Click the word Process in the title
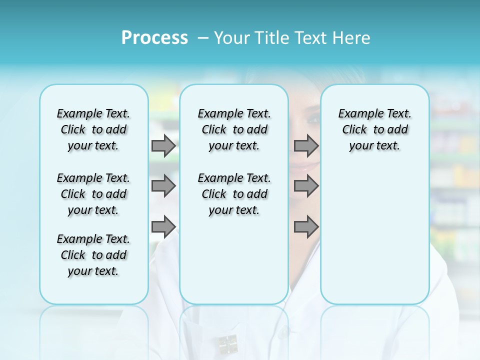point(154,38)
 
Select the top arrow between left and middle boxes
point(163,145)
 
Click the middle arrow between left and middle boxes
point(163,186)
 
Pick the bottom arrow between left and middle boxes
point(163,226)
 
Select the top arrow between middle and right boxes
point(306,145)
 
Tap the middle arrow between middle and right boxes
point(306,186)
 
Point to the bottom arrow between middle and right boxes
point(306,226)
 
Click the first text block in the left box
point(93,129)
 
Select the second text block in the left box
point(93,194)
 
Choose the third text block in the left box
point(93,255)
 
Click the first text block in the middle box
point(234,129)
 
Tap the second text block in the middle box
point(234,194)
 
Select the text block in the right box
point(375,129)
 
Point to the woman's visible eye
point(312,119)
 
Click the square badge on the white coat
point(228,342)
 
